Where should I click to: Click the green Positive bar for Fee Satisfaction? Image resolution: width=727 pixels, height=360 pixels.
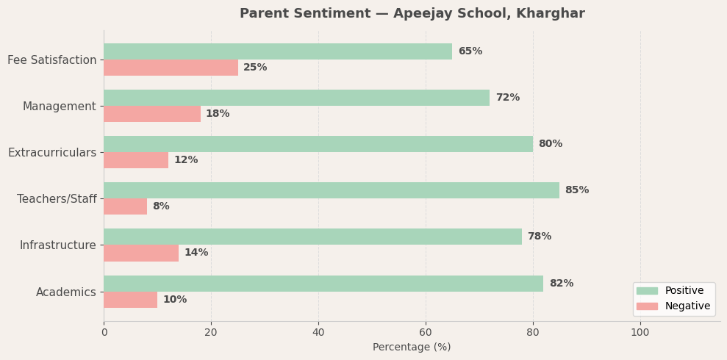[278, 51]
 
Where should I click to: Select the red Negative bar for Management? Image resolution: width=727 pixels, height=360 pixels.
[152, 114]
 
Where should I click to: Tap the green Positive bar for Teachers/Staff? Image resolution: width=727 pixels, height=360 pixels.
[332, 190]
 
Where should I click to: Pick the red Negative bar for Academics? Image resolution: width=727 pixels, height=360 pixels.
[130, 300]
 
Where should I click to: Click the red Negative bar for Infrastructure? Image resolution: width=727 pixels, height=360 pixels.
[141, 253]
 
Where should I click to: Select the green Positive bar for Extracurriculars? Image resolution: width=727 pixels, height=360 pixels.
[318, 144]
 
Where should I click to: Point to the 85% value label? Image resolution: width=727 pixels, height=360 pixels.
[577, 190]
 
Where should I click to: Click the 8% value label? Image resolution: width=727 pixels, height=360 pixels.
[161, 206]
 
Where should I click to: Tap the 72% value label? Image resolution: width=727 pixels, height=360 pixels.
[507, 98]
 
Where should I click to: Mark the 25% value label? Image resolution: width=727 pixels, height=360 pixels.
[255, 68]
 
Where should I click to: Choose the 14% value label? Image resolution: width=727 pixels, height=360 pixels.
[196, 253]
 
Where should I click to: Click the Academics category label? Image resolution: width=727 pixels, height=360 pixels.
[66, 292]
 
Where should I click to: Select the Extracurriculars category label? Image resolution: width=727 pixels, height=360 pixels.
[52, 153]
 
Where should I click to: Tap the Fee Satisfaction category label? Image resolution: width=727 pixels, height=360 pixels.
[52, 60]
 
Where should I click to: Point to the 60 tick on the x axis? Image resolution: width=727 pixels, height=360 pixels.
[426, 333]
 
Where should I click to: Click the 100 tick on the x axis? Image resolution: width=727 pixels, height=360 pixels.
[640, 333]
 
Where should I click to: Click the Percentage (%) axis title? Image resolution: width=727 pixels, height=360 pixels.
[412, 348]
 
